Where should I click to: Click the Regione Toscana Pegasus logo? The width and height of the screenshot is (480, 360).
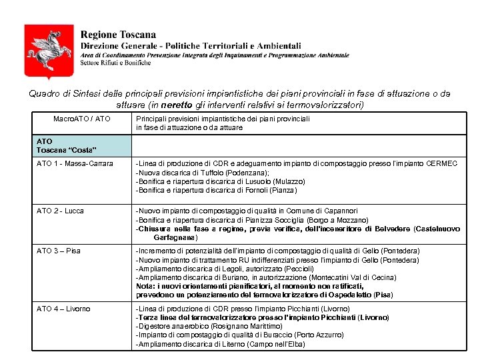(x=49, y=51)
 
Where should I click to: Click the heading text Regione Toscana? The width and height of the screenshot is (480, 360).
(x=118, y=35)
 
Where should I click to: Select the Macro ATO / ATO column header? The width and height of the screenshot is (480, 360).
(x=82, y=119)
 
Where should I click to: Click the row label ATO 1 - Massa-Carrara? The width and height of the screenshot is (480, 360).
(x=75, y=164)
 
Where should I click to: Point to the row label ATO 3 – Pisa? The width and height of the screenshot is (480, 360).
(x=59, y=251)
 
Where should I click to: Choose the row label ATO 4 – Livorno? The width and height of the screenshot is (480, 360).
(x=63, y=309)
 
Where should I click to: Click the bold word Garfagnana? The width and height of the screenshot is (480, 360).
(x=175, y=237)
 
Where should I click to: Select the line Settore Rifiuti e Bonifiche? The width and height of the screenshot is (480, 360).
(x=111, y=62)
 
